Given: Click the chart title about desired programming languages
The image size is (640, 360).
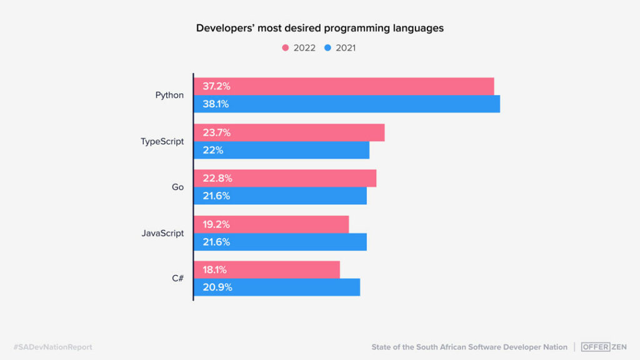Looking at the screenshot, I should (x=319, y=28).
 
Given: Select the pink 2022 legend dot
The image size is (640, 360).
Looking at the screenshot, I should (x=286, y=47).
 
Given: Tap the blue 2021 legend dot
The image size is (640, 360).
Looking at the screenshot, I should (x=327, y=47).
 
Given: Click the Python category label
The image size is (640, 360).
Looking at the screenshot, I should (x=169, y=96).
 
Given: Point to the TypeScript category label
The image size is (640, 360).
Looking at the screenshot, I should (x=162, y=141).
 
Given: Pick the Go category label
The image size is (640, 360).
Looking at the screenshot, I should (x=177, y=187).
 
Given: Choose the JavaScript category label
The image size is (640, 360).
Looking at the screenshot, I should (x=162, y=233).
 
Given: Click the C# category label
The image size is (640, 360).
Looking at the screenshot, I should (x=177, y=279).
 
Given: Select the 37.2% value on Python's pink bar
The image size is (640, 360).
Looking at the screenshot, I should (x=216, y=86).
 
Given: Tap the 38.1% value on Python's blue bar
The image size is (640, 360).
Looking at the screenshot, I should (x=216, y=104).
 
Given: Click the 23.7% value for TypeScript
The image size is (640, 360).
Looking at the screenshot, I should (x=216, y=132).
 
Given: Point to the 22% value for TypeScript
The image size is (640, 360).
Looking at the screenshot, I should (x=212, y=150).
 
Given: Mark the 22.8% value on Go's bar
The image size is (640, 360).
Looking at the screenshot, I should (x=217, y=178).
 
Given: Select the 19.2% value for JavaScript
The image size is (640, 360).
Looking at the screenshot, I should (x=216, y=224).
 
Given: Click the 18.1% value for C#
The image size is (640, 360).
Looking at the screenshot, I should (x=214, y=270).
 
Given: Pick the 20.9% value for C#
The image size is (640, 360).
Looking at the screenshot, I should (x=217, y=287).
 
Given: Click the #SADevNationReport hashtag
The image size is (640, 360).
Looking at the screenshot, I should (x=52, y=347).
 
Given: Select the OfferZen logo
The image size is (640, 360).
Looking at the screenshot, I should (x=604, y=347).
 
